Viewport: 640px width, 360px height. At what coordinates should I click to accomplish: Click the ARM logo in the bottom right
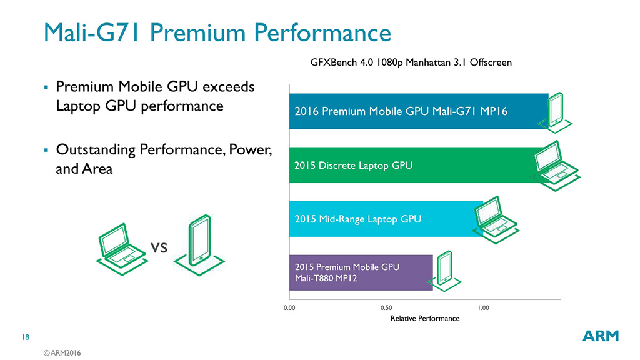(x=601, y=336)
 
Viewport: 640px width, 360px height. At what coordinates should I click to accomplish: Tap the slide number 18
(x=26, y=337)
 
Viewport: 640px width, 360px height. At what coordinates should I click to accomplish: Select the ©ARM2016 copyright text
(x=62, y=353)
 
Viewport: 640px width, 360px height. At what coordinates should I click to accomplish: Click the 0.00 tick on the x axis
(x=289, y=308)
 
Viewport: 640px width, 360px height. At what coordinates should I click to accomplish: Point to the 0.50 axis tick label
(x=386, y=308)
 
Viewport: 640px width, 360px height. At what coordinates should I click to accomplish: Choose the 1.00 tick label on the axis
(x=483, y=308)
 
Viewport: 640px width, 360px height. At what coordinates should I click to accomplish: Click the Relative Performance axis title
(x=424, y=319)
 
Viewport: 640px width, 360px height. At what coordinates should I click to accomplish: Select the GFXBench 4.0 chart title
(x=411, y=62)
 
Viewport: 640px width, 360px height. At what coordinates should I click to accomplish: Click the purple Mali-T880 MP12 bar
(x=361, y=272)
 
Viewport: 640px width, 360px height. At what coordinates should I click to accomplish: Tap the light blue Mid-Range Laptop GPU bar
(x=384, y=219)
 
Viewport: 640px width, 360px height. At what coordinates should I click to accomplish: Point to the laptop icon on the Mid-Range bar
(x=496, y=218)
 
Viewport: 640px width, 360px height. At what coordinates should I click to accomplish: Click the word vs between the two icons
(x=160, y=248)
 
